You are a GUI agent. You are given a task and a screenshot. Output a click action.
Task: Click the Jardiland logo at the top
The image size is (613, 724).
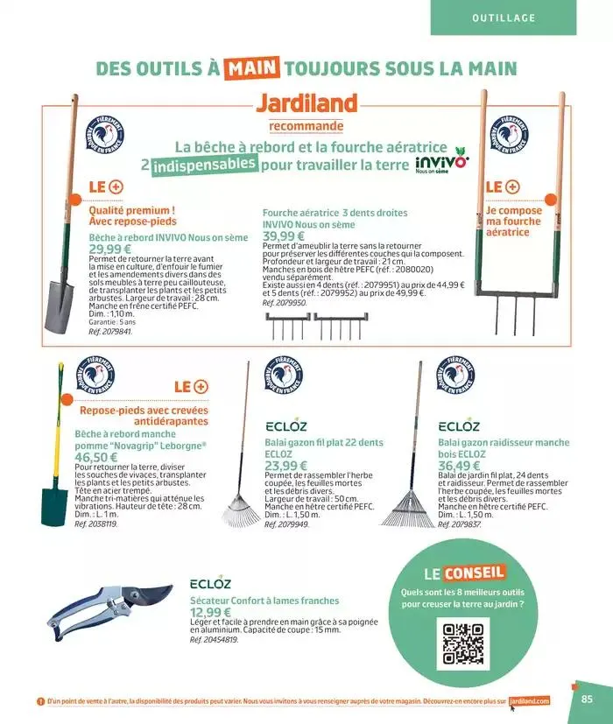306,102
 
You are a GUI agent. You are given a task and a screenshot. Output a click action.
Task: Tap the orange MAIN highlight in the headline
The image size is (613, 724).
252,67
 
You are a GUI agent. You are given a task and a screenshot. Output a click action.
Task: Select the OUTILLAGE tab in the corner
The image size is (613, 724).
503,17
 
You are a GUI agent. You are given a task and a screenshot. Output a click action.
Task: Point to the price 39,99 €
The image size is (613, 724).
284,236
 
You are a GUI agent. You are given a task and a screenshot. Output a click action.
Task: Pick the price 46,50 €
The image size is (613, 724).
95,457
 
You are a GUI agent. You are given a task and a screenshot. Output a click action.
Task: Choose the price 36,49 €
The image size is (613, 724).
458,466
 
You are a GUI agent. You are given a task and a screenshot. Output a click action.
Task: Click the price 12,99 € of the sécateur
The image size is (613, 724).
210,612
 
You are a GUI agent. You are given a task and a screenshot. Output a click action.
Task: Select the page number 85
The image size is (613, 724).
587,699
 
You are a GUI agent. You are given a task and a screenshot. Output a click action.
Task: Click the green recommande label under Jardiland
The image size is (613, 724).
306,126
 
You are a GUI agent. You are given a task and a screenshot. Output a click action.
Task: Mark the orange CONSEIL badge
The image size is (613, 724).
474,573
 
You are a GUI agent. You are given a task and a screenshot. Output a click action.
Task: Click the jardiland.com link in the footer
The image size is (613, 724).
529,700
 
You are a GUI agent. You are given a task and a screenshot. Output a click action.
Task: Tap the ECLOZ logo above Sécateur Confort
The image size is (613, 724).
210,584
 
